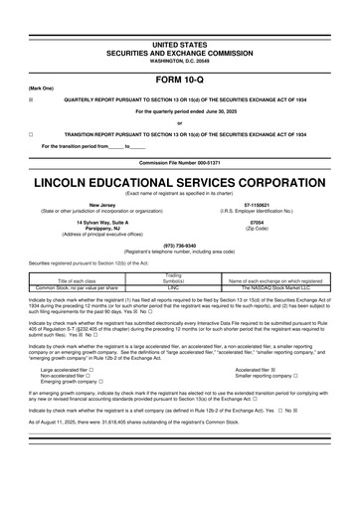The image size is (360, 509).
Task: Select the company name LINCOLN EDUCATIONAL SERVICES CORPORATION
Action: click(x=180, y=184)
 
